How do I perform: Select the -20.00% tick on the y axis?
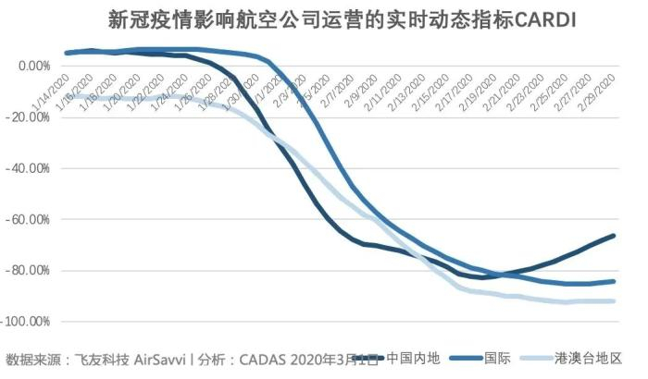29,117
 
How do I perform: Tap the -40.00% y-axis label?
29,168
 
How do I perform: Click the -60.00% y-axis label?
29,219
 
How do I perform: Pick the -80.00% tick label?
29,270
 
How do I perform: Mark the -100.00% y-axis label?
26,321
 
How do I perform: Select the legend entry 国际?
498,358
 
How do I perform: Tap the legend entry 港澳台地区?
588,358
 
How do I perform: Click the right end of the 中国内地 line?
614,236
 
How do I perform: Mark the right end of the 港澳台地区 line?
614,301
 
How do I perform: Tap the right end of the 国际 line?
614,281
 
